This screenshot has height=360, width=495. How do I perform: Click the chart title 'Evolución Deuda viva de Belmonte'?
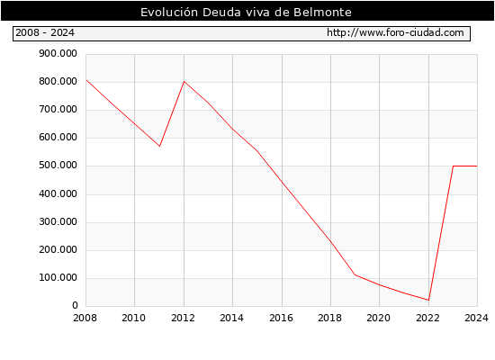coord(246,12)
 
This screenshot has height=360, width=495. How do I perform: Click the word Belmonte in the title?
coord(322,12)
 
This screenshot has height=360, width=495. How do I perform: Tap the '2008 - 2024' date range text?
coord(45,32)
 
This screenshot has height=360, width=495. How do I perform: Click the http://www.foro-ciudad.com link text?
coord(395,32)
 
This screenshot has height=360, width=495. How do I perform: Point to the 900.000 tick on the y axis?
coord(58,54)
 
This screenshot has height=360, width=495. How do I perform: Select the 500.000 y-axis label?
coord(58,166)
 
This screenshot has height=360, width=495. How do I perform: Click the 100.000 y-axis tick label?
coord(58,278)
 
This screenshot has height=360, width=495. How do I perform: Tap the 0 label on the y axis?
coord(75,305)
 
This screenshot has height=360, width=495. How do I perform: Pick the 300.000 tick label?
coord(58,222)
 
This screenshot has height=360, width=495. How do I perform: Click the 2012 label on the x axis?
coord(183,318)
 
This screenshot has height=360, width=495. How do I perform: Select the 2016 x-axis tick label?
coord(281,318)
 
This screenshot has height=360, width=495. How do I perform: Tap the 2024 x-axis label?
coord(476,318)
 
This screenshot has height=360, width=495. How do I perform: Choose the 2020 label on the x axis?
coord(379,318)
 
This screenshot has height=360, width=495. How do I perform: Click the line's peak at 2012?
coord(184,82)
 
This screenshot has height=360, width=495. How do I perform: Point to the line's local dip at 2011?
coord(159,146)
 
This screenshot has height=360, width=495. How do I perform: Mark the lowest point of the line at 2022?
coord(428,300)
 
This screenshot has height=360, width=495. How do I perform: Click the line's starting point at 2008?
coord(86,80)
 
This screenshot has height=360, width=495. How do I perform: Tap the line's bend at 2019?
coord(355,274)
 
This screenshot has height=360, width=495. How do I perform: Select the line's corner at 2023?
coord(453,166)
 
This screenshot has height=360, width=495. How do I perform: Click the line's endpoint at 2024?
coord(477,166)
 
